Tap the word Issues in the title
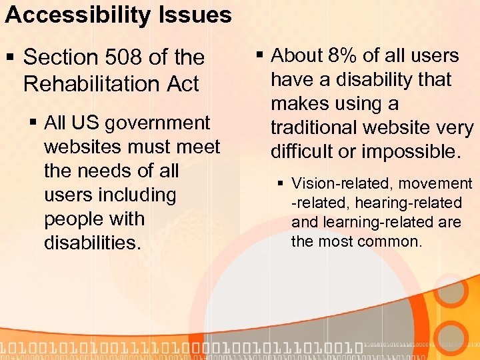pyautogui.click(x=199, y=15)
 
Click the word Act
pyautogui.click(x=183, y=84)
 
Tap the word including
pyautogui.click(x=138, y=195)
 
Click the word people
pyautogui.click(x=76, y=219)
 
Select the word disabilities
pyautogui.click(x=92, y=243)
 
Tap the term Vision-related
pyautogui.click(x=337, y=183)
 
